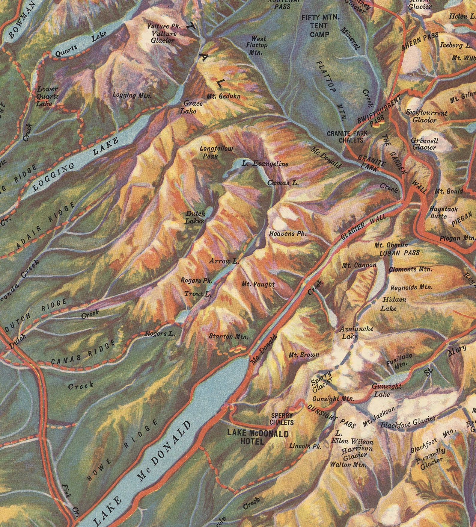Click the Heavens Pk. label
(x=288, y=233)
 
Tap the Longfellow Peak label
(x=216, y=152)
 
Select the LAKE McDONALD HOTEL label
(x=257, y=437)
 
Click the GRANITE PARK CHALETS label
(x=347, y=137)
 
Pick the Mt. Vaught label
(x=258, y=284)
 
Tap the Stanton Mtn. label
(x=228, y=336)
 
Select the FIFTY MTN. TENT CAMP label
(x=320, y=26)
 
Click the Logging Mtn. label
(x=132, y=96)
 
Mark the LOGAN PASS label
(x=399, y=253)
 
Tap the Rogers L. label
(x=159, y=333)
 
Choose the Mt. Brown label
(x=304, y=355)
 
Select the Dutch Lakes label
(x=195, y=217)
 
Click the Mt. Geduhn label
(x=223, y=96)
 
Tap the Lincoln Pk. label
(x=305, y=446)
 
